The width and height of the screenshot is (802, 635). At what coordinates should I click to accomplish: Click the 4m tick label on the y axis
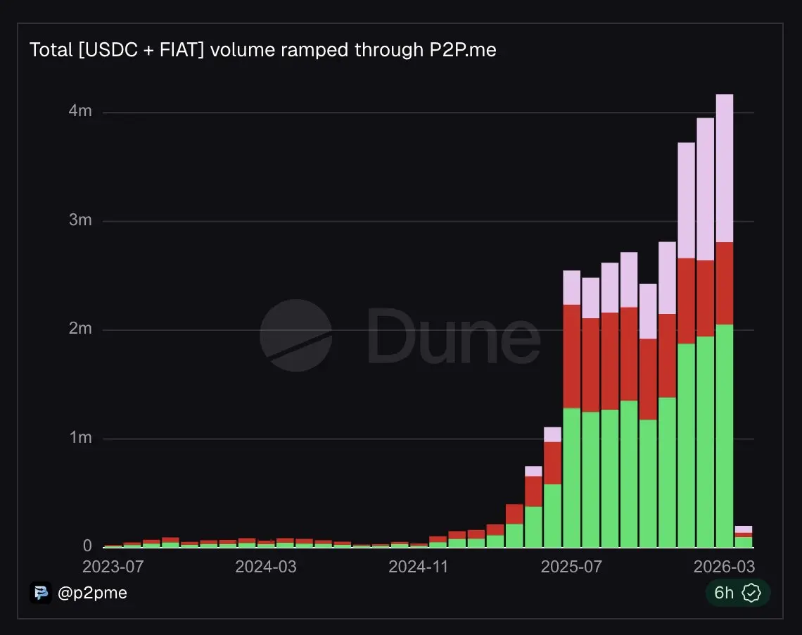point(79,112)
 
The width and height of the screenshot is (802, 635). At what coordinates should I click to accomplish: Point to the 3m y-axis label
point(79,220)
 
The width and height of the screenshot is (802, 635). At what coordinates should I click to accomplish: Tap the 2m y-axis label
point(79,329)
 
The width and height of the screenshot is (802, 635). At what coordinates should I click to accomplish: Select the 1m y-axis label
point(79,438)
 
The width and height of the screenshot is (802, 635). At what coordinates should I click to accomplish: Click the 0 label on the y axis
point(87,546)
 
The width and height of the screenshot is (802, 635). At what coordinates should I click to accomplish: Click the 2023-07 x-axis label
point(113,567)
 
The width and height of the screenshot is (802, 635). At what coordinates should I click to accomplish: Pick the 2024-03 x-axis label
point(265,567)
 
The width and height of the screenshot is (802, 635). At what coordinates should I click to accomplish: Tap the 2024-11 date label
point(419,567)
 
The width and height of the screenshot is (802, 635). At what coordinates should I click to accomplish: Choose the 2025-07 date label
point(571,567)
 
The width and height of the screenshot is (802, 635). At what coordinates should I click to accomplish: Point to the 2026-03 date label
point(724,567)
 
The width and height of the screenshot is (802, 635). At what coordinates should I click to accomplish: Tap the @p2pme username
point(92,593)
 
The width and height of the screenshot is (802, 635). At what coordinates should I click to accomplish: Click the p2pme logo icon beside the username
point(41,593)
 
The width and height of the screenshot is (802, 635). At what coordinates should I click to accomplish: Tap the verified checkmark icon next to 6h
point(752,593)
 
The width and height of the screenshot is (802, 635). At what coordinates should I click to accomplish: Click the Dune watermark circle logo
point(295,335)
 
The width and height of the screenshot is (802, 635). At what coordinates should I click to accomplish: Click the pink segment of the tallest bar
point(724,168)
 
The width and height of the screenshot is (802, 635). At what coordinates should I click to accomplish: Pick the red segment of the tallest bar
point(724,283)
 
